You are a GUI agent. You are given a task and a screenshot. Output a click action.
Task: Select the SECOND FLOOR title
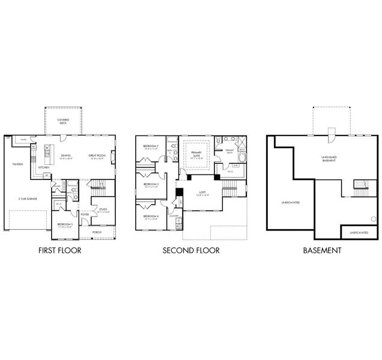tap(190, 250)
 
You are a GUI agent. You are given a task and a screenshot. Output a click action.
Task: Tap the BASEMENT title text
tap(323, 250)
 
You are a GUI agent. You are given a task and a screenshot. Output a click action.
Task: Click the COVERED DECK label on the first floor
tap(63, 122)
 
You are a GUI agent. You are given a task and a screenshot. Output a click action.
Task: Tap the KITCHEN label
tap(43, 167)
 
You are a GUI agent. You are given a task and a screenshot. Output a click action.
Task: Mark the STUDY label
tap(103, 209)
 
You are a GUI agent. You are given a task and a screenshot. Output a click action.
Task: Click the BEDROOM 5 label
tap(65, 224)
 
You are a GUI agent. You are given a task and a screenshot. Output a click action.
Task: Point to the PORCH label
tap(96, 230)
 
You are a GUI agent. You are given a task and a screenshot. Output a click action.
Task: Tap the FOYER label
tap(85, 214)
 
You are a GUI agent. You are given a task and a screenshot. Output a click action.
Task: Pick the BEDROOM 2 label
tap(150, 146)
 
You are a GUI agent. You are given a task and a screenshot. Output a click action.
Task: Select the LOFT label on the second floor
tap(202, 193)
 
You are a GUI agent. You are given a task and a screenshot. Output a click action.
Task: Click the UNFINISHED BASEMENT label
tap(329, 158)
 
